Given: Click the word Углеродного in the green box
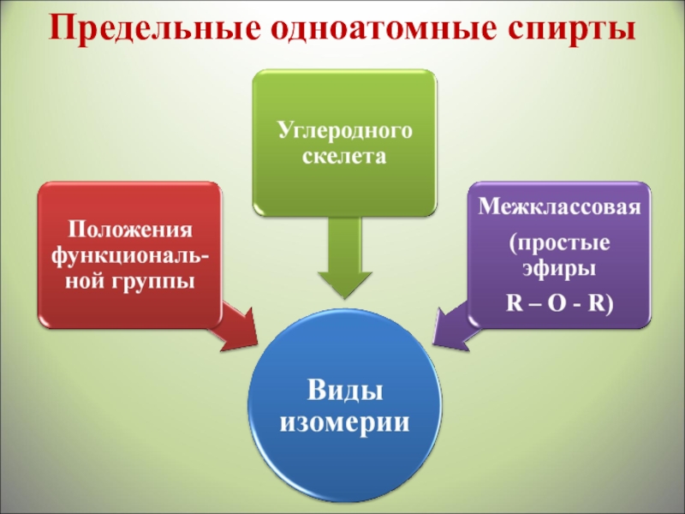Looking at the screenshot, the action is pyautogui.click(x=344, y=131).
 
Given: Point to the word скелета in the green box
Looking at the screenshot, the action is pyautogui.click(x=344, y=157).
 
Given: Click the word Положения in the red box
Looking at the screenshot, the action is pyautogui.click(x=131, y=230).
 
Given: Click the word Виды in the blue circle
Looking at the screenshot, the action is pyautogui.click(x=344, y=391).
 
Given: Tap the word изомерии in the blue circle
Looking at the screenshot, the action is pyautogui.click(x=344, y=422).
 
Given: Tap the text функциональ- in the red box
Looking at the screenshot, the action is pyautogui.click(x=131, y=255).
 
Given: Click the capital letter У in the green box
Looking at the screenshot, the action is pyautogui.click(x=283, y=131).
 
